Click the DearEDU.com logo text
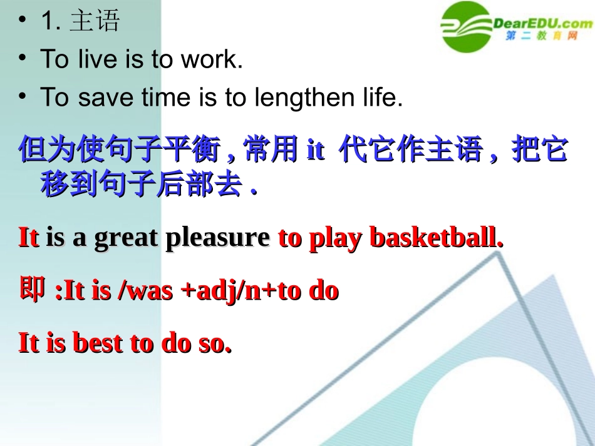pyautogui.click(x=542, y=24)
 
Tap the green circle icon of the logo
pyautogui.click(x=467, y=27)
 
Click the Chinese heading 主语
pyautogui.click(x=95, y=21)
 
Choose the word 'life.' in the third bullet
pyautogui.click(x=379, y=98)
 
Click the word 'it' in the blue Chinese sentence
pyautogui.click(x=315, y=151)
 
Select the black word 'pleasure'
pyautogui.click(x=217, y=238)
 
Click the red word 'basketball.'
pyautogui.click(x=437, y=238)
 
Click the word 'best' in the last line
pyautogui.click(x=97, y=343)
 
